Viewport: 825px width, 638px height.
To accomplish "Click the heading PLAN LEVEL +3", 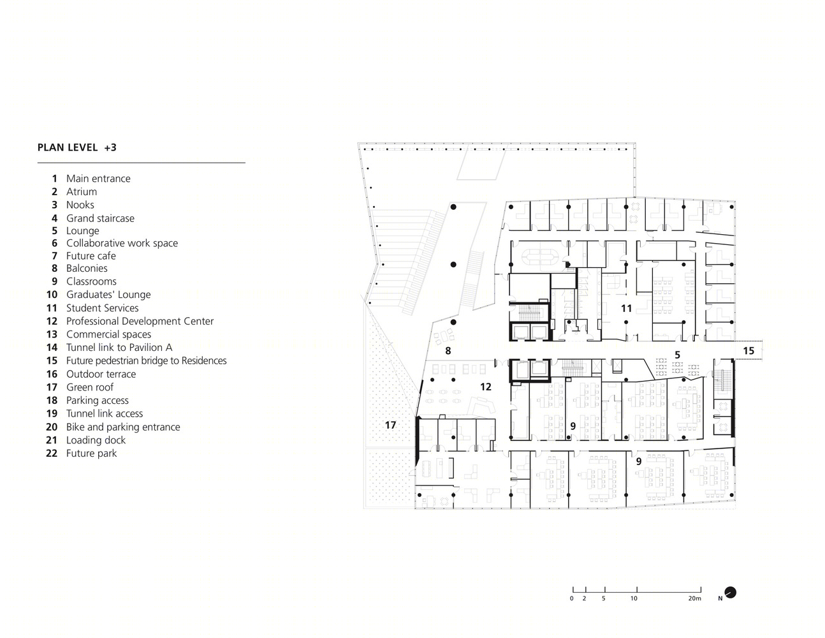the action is tap(77, 147).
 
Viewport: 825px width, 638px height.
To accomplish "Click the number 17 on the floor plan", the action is tap(390, 425).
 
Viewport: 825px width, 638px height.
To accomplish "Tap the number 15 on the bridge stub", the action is tap(748, 350).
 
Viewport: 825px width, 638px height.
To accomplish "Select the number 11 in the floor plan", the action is tap(627, 308).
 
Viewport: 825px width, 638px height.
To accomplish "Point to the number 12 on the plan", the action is tap(486, 387).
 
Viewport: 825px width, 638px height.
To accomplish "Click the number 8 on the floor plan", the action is tap(448, 351).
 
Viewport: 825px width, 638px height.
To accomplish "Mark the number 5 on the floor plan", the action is tap(677, 355).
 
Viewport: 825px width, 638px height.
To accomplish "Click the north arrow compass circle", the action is tap(731, 592).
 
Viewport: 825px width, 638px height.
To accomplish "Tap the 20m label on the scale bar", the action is tap(694, 598).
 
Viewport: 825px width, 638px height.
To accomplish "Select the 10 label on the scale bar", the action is tap(634, 598).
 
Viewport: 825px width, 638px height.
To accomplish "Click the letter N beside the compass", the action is tap(720, 598).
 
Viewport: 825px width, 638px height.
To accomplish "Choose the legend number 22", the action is tap(52, 454).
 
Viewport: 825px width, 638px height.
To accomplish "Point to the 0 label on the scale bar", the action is tap(572, 598).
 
